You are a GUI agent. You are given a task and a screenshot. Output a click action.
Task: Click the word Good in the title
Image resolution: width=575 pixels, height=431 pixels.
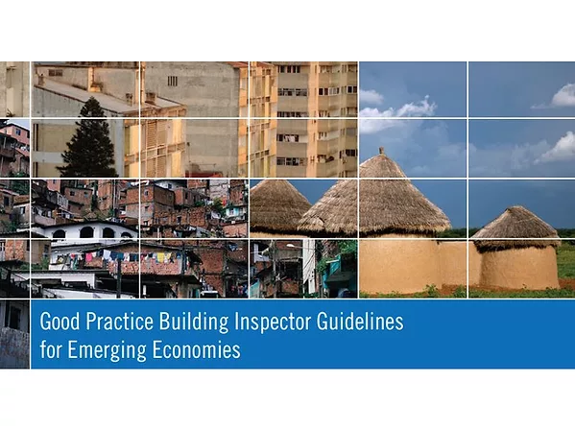coord(58,323)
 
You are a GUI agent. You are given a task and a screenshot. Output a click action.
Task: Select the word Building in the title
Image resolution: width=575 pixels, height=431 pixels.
coord(192,323)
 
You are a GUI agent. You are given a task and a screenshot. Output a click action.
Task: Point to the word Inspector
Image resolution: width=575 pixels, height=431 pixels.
coord(270,323)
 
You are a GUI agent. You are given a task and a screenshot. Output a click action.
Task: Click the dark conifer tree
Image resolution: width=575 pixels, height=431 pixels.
coord(90,142)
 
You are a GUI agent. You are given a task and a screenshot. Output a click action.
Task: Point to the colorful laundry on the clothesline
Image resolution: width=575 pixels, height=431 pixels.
coord(106,256)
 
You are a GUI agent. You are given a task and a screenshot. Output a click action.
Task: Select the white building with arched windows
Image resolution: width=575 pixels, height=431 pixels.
coord(91,230)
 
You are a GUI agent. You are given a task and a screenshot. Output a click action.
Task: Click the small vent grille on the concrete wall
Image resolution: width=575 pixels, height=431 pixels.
coord(172,82)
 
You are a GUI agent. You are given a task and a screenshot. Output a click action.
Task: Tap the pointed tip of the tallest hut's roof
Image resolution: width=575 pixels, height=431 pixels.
coord(380,151)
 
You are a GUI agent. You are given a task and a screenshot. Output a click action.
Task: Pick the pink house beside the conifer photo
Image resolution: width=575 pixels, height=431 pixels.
coord(13,144)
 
